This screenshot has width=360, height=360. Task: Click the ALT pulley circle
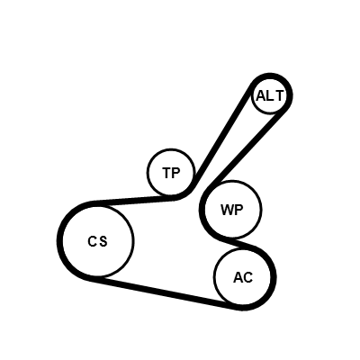tap(252, 96)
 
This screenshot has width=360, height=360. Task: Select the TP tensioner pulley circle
tap(147, 172)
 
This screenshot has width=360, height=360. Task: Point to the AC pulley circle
tap(214, 277)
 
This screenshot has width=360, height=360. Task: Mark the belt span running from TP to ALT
tap(222, 137)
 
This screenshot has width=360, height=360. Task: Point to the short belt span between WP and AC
tap(237, 241)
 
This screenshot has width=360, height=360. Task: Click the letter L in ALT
tap(270, 96)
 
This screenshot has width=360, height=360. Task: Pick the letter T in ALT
tap(279, 96)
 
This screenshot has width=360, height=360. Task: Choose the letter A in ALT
tap(261, 96)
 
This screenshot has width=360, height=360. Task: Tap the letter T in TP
tap(166, 173)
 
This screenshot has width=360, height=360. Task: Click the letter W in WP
tap(227, 210)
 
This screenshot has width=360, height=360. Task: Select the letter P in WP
tap(238, 210)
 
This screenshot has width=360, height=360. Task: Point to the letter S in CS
tap(103, 241)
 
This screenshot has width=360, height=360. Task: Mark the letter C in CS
tap(93, 241)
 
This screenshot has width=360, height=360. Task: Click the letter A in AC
tap(238, 278)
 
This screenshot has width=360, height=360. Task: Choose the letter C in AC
tap(248, 278)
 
